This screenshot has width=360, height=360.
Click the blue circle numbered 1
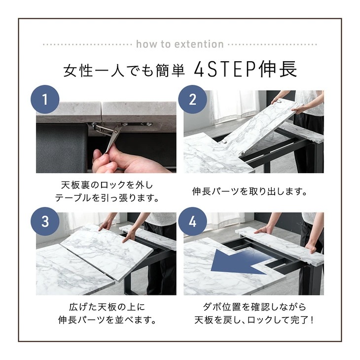pos(45,99)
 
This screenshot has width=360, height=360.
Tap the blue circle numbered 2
pos(193,99)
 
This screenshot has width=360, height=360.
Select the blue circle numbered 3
pos(45,221)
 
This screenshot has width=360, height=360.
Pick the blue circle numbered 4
pos(193,221)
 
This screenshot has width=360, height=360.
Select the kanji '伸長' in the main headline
pos(277,69)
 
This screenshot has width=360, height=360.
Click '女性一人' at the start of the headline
pos(94,70)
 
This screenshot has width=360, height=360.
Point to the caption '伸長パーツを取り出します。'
pos(250,191)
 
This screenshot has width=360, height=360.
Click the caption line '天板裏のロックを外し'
pos(107,185)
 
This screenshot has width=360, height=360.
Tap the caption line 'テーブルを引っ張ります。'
pos(107,198)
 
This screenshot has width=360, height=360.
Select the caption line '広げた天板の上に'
pos(107,307)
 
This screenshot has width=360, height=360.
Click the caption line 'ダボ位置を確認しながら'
pos(254,307)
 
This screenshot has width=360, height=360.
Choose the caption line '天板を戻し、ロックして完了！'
pos(254,320)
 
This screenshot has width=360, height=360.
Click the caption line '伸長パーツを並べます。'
pos(107,320)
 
